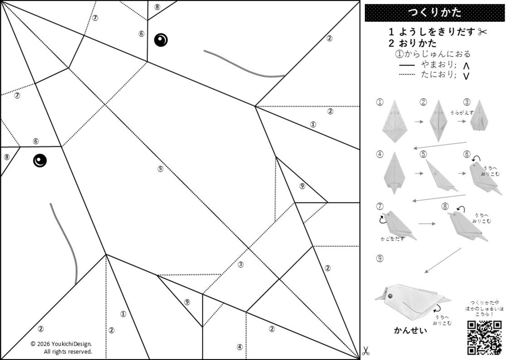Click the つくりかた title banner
click(x=434, y=12)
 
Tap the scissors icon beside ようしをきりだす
click(x=482, y=32)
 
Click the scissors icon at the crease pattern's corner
click(x=366, y=351)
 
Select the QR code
click(x=484, y=338)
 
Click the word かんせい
click(x=411, y=331)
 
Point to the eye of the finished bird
click(x=390, y=296)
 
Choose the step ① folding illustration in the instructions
click(x=394, y=121)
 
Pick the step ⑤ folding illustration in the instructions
click(x=441, y=176)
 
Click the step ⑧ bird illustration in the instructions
click(x=467, y=226)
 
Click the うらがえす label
click(x=462, y=113)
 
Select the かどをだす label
click(x=393, y=239)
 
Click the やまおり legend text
click(x=438, y=65)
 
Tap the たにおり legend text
click(x=438, y=75)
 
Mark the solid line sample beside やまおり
click(x=407, y=65)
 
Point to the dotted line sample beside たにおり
click(x=407, y=75)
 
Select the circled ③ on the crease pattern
click(x=241, y=265)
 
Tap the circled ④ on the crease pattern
click(x=240, y=347)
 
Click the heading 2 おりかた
click(x=413, y=43)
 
